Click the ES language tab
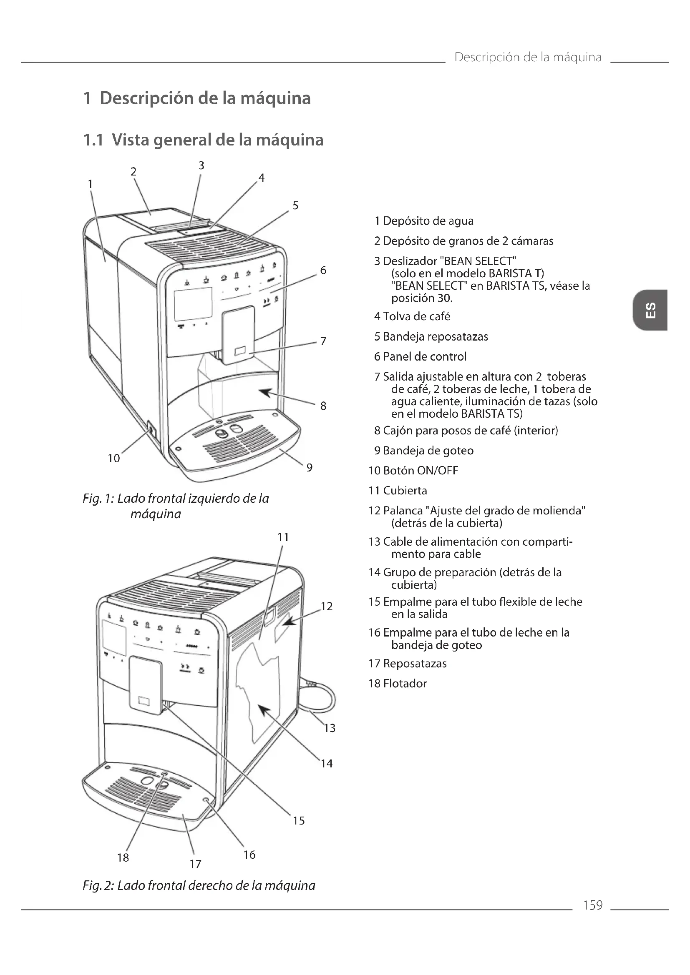(x=650, y=310)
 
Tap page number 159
(x=593, y=905)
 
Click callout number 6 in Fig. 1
(x=323, y=271)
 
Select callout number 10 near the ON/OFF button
(x=113, y=458)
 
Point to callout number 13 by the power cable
(x=329, y=728)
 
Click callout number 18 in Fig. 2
(x=123, y=857)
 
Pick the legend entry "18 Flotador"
(x=398, y=683)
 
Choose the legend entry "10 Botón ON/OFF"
(x=413, y=471)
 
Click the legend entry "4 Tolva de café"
(x=412, y=316)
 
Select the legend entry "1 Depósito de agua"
(x=424, y=221)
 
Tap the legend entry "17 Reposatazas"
(x=408, y=663)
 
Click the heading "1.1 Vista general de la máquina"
(x=203, y=140)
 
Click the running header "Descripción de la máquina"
(x=528, y=58)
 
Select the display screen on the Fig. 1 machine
(x=193, y=303)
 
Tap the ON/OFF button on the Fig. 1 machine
(x=151, y=430)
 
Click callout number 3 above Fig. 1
(x=201, y=165)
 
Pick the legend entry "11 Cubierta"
(x=398, y=491)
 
